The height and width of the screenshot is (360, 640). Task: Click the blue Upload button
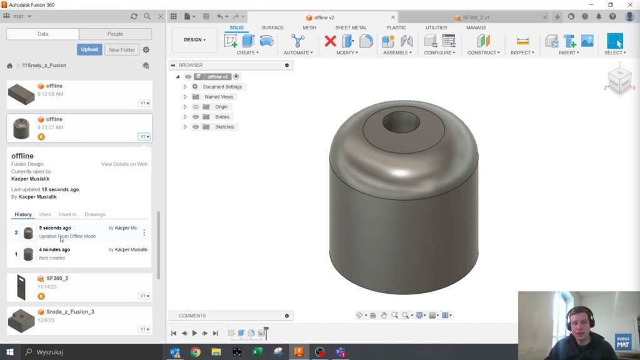pyautogui.click(x=89, y=49)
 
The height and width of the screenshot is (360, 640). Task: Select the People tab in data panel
pyautogui.click(x=115, y=34)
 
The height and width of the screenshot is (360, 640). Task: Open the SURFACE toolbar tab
pyautogui.click(x=272, y=27)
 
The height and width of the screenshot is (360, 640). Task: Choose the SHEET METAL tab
pyautogui.click(x=351, y=27)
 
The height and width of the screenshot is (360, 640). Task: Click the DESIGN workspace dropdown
pyautogui.click(x=194, y=40)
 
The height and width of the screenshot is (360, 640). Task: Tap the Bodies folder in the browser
pyautogui.click(x=222, y=117)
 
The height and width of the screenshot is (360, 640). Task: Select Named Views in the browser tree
pyautogui.click(x=218, y=97)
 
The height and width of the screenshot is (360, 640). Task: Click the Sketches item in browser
pyautogui.click(x=224, y=127)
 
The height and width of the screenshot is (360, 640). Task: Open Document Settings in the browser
pyautogui.click(x=222, y=87)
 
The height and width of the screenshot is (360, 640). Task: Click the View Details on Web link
pyautogui.click(x=124, y=164)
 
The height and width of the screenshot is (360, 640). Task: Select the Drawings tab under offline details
pyautogui.click(x=95, y=214)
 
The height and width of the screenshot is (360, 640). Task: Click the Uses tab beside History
pyautogui.click(x=45, y=214)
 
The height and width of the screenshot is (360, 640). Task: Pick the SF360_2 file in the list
pyautogui.click(x=57, y=278)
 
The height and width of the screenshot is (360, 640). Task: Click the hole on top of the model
pyautogui.click(x=401, y=122)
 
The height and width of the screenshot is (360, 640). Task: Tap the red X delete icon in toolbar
pyautogui.click(x=330, y=41)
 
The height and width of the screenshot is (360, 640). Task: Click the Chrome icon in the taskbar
pyautogui.click(x=196, y=352)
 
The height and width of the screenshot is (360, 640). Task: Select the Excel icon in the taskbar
pyautogui.click(x=257, y=352)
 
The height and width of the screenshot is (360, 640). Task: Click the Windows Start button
pyautogui.click(x=10, y=352)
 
